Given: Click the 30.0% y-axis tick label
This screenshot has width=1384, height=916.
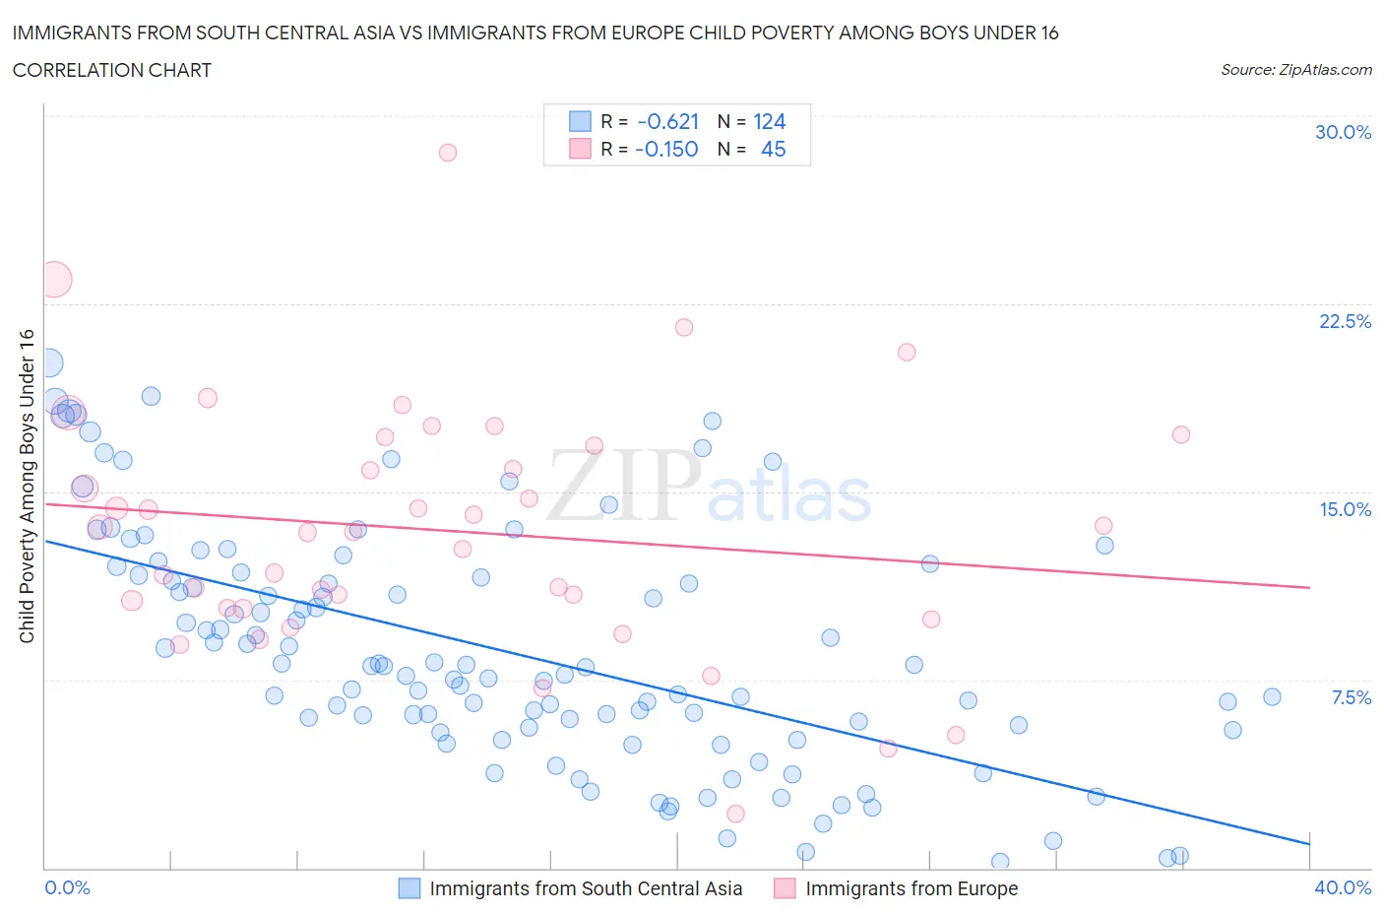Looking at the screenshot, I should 1343,132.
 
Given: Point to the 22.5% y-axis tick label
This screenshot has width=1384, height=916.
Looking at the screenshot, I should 1345,321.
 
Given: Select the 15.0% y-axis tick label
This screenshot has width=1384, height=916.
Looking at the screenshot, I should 1345,509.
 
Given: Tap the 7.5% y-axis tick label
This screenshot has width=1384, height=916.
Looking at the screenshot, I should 1351,697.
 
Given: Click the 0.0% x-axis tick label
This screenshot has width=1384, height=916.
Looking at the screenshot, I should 68,887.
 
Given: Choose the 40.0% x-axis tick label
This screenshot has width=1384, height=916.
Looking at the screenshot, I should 1343,887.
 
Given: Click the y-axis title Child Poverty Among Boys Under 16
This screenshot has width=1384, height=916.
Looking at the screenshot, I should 27,486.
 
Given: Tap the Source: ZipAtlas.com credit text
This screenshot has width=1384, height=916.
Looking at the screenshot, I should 1295,70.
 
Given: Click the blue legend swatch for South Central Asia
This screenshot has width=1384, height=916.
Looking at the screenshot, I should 409,888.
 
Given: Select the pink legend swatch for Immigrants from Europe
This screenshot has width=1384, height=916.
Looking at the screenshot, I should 785,888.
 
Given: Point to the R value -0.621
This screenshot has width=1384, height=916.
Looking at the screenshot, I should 667,122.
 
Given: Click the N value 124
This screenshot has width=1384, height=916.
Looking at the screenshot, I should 769,122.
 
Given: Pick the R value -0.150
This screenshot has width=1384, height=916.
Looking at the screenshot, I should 666,150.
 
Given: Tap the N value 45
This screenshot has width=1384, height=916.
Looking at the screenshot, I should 773,150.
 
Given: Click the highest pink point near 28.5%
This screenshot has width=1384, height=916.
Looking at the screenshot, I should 448,153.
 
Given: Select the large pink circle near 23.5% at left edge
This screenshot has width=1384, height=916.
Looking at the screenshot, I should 55,280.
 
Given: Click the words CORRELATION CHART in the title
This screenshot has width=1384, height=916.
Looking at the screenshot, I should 112,70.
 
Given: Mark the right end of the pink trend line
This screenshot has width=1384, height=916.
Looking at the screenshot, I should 1309,587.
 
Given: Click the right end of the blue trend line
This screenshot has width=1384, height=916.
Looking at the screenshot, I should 1309,843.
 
